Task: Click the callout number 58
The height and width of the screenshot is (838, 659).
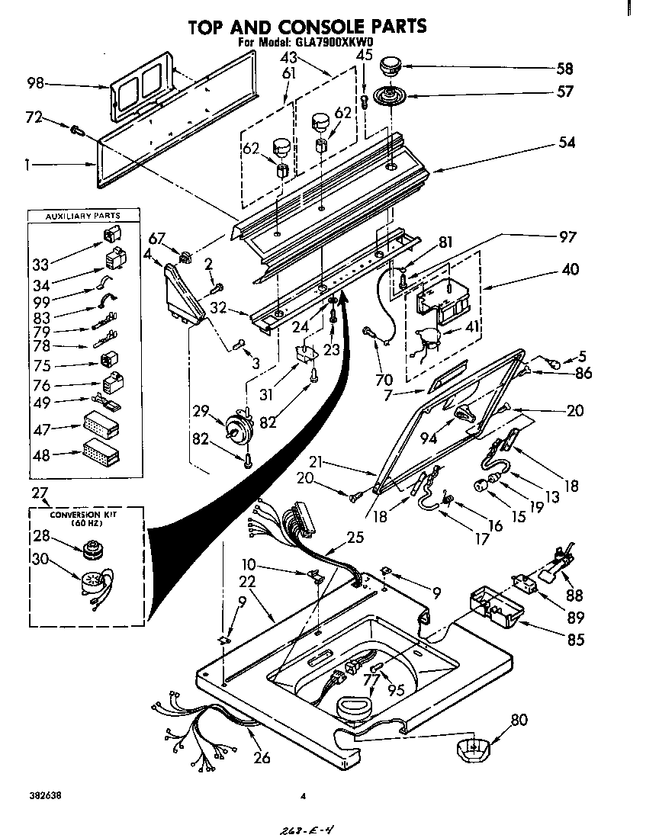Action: [x=564, y=69]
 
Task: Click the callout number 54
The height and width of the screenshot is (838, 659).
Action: [x=566, y=143]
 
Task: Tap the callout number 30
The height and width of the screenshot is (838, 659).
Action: [x=40, y=559]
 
